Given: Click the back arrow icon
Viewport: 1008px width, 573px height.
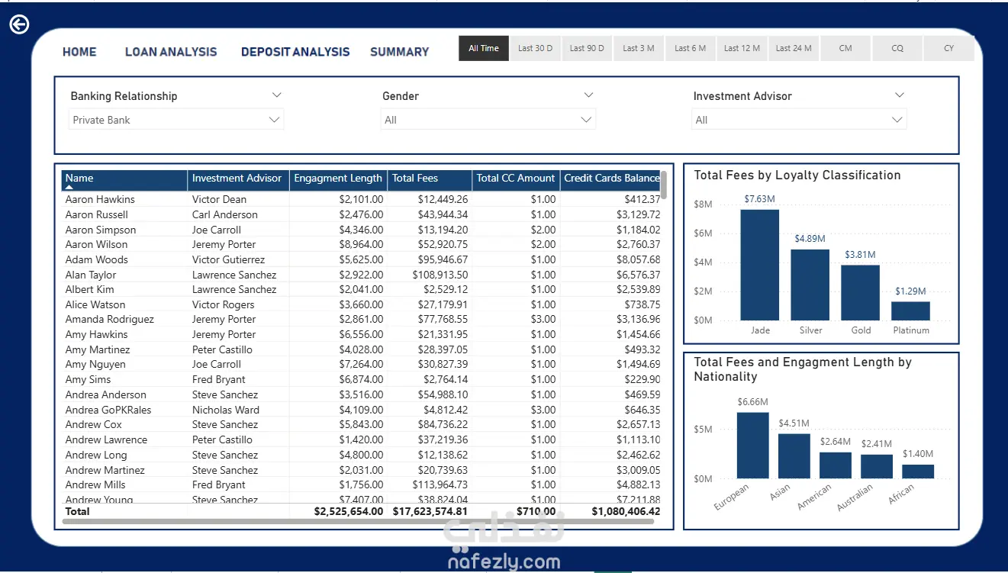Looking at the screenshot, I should click(19, 24).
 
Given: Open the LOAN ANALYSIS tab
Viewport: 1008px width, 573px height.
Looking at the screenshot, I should click(171, 52).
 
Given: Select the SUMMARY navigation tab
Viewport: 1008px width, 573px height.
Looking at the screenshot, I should click(399, 52).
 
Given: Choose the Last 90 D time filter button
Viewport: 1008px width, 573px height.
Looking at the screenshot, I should click(587, 48).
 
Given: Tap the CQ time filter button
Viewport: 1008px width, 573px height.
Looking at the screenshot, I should click(897, 48).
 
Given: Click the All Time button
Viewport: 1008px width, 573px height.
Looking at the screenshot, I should click(484, 48).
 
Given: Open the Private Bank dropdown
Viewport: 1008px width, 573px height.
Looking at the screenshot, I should click(176, 120).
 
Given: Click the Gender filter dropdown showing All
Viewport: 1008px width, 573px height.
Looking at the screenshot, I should click(488, 120).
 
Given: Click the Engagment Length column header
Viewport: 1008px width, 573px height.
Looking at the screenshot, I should click(338, 179).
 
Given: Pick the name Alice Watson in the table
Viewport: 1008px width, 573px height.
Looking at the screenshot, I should click(95, 304).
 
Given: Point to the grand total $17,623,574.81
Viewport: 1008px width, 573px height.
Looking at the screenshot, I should click(430, 511).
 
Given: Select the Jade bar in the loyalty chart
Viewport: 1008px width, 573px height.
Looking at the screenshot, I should click(760, 265).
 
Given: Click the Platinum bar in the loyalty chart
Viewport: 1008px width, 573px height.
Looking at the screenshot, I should click(911, 311).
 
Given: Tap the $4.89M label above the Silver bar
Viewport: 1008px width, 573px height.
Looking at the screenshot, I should click(810, 239).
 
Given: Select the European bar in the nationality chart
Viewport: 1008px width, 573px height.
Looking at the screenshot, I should click(753, 446).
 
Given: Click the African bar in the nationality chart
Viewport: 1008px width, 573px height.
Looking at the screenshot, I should click(918, 472).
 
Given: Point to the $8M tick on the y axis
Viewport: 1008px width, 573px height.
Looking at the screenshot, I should click(703, 204).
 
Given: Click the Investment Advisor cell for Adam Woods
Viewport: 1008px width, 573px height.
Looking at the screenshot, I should click(229, 259).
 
